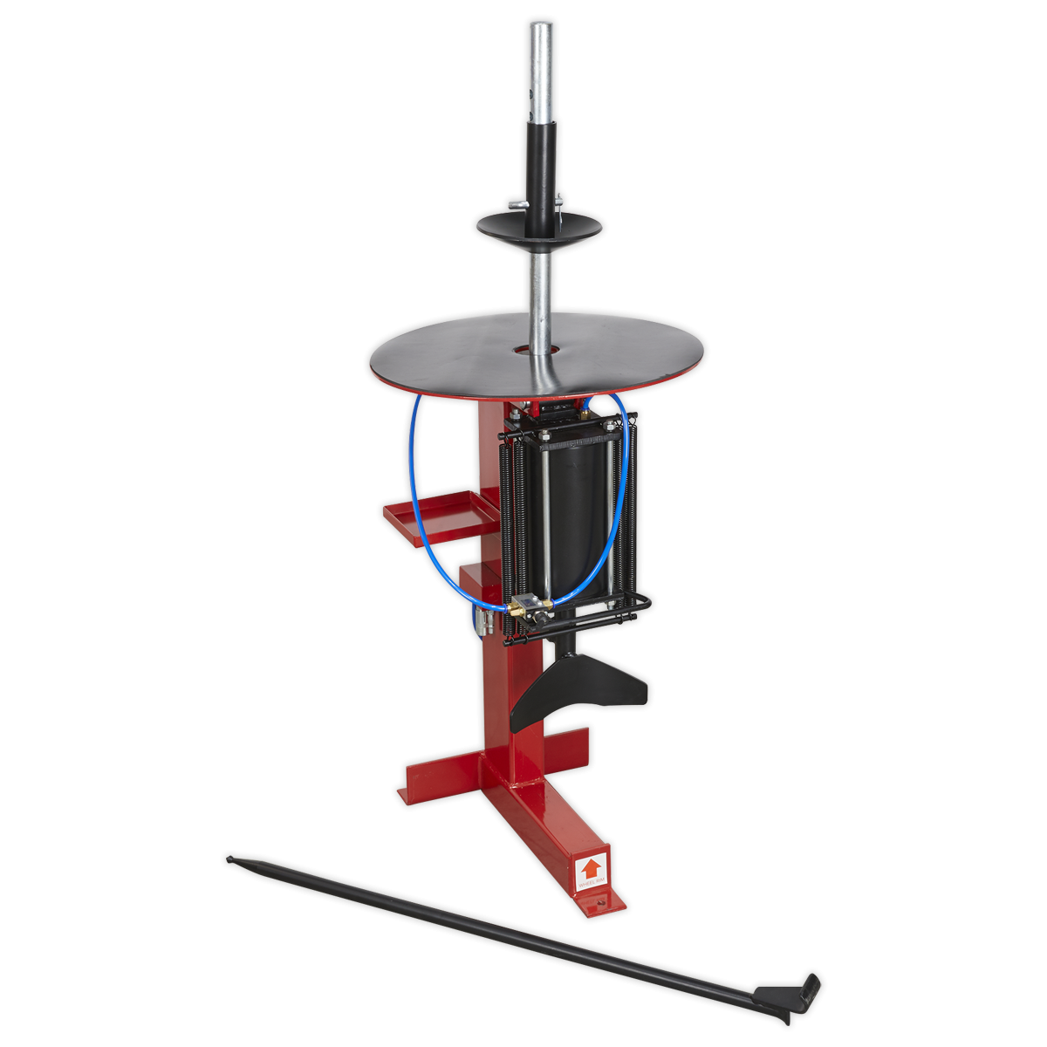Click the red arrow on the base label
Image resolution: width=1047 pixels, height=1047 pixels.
coord(591,868)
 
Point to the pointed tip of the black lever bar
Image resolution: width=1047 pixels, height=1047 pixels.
coord(230,859)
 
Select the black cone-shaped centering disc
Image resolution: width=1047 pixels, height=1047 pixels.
coord(539,225)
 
